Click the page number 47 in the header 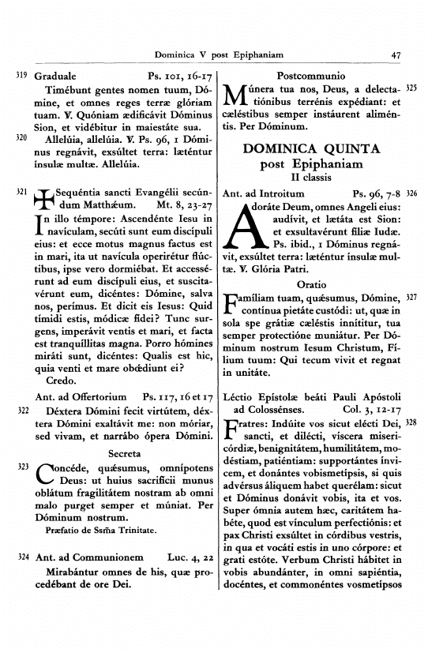396,54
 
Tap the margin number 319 21,77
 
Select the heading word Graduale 57,78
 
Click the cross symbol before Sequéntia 45,201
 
